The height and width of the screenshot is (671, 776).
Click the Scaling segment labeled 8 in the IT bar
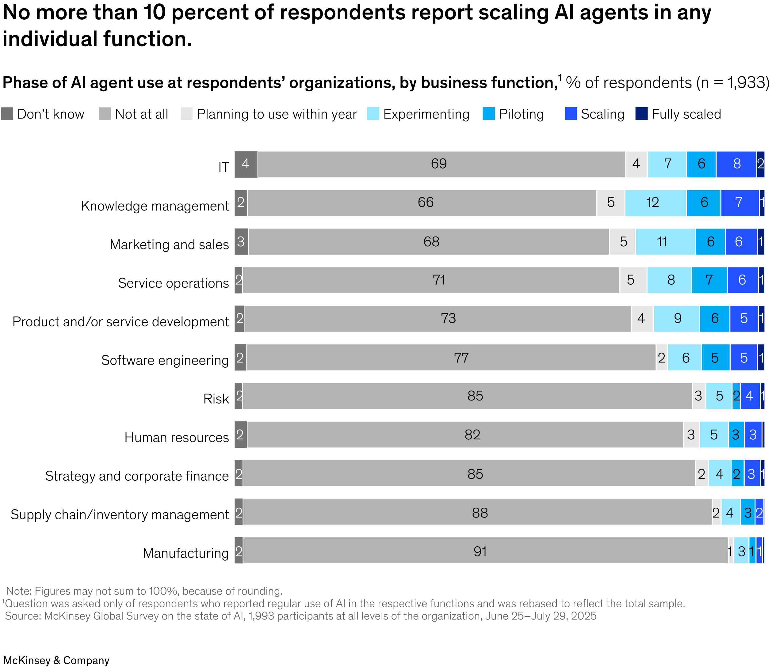coord(736,164)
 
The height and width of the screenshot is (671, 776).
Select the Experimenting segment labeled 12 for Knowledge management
coord(655,203)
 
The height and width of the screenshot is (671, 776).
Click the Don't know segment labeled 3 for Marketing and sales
coord(241,241)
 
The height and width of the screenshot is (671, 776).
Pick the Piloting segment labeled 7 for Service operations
coord(709,280)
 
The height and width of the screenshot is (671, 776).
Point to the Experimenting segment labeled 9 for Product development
coord(677,319)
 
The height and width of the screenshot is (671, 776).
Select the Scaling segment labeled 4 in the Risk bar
coord(750,396)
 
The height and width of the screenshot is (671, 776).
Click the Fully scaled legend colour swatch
coord(641,114)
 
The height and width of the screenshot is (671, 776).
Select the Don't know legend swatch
coord(7,114)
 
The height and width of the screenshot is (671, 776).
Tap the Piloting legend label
coord(521,114)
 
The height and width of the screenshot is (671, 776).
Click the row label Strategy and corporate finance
coord(137,476)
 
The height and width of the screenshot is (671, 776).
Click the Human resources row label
coord(177,437)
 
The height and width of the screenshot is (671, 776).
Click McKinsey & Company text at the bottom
coord(56,660)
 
